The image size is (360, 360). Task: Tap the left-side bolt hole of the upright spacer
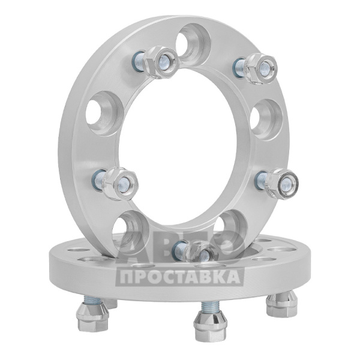tap(104, 114)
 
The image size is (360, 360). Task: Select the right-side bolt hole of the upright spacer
tap(266, 119)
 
